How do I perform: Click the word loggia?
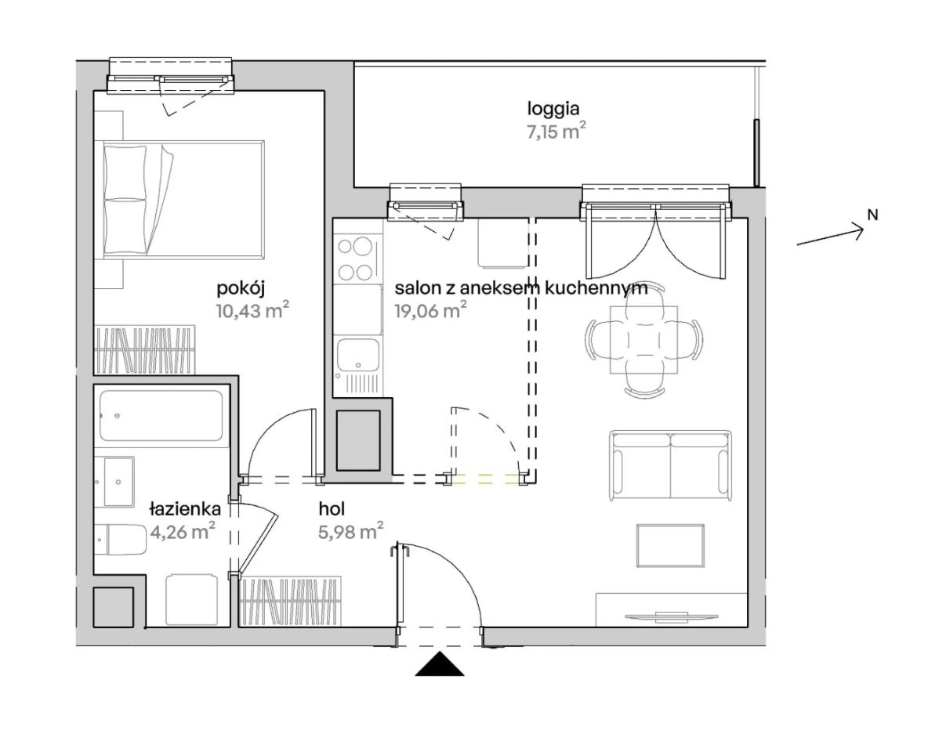coord(553,110)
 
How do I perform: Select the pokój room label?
coord(240,289)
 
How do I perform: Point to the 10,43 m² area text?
coord(252,310)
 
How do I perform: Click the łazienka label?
coord(185,509)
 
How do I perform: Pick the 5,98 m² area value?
coord(351,531)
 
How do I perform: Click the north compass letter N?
coord(872,215)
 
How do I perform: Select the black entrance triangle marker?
coord(439,664)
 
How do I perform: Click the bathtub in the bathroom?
coord(161,415)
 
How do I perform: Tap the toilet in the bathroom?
coord(121,539)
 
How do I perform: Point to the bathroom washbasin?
coord(119,482)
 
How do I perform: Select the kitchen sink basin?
coord(358,354)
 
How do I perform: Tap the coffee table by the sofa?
coord(671,545)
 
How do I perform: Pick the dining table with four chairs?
coord(644,340)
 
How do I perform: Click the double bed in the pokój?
coord(183,200)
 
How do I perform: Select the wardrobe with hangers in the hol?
coord(290,601)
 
